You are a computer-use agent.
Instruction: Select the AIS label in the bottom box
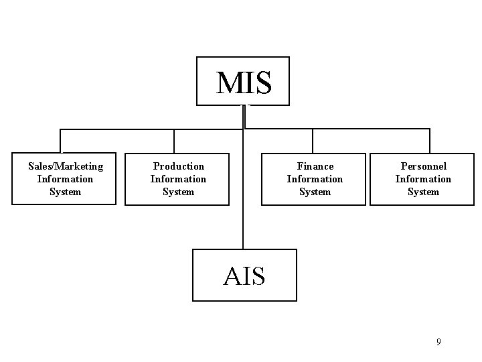pyautogui.click(x=244, y=276)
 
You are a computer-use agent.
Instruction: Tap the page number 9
pyautogui.click(x=438, y=342)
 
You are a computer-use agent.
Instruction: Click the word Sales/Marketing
pyautogui.click(x=66, y=166)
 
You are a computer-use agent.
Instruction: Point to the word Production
pyautogui.click(x=179, y=166)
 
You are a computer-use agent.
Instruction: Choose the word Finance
pyautogui.click(x=315, y=166)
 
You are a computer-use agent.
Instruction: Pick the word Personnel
pyautogui.click(x=423, y=166)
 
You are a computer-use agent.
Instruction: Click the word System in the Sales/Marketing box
pyautogui.click(x=66, y=192)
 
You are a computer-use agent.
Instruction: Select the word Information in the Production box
pyautogui.click(x=179, y=179)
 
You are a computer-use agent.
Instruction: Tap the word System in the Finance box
pyautogui.click(x=315, y=192)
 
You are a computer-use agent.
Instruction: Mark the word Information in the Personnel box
pyautogui.click(x=423, y=179)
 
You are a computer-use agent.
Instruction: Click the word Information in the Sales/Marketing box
pyautogui.click(x=66, y=179)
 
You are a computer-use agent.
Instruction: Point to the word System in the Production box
pyautogui.click(x=179, y=192)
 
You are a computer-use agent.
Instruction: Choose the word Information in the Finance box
pyautogui.click(x=315, y=179)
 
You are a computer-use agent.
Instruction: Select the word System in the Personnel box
pyautogui.click(x=423, y=192)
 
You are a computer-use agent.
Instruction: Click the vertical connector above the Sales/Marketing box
pyautogui.click(x=61, y=141)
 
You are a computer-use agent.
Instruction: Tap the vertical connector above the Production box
pyautogui.click(x=174, y=141)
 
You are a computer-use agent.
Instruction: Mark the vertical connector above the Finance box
pyautogui.click(x=313, y=141)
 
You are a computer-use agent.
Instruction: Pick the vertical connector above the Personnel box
pyautogui.click(x=429, y=141)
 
